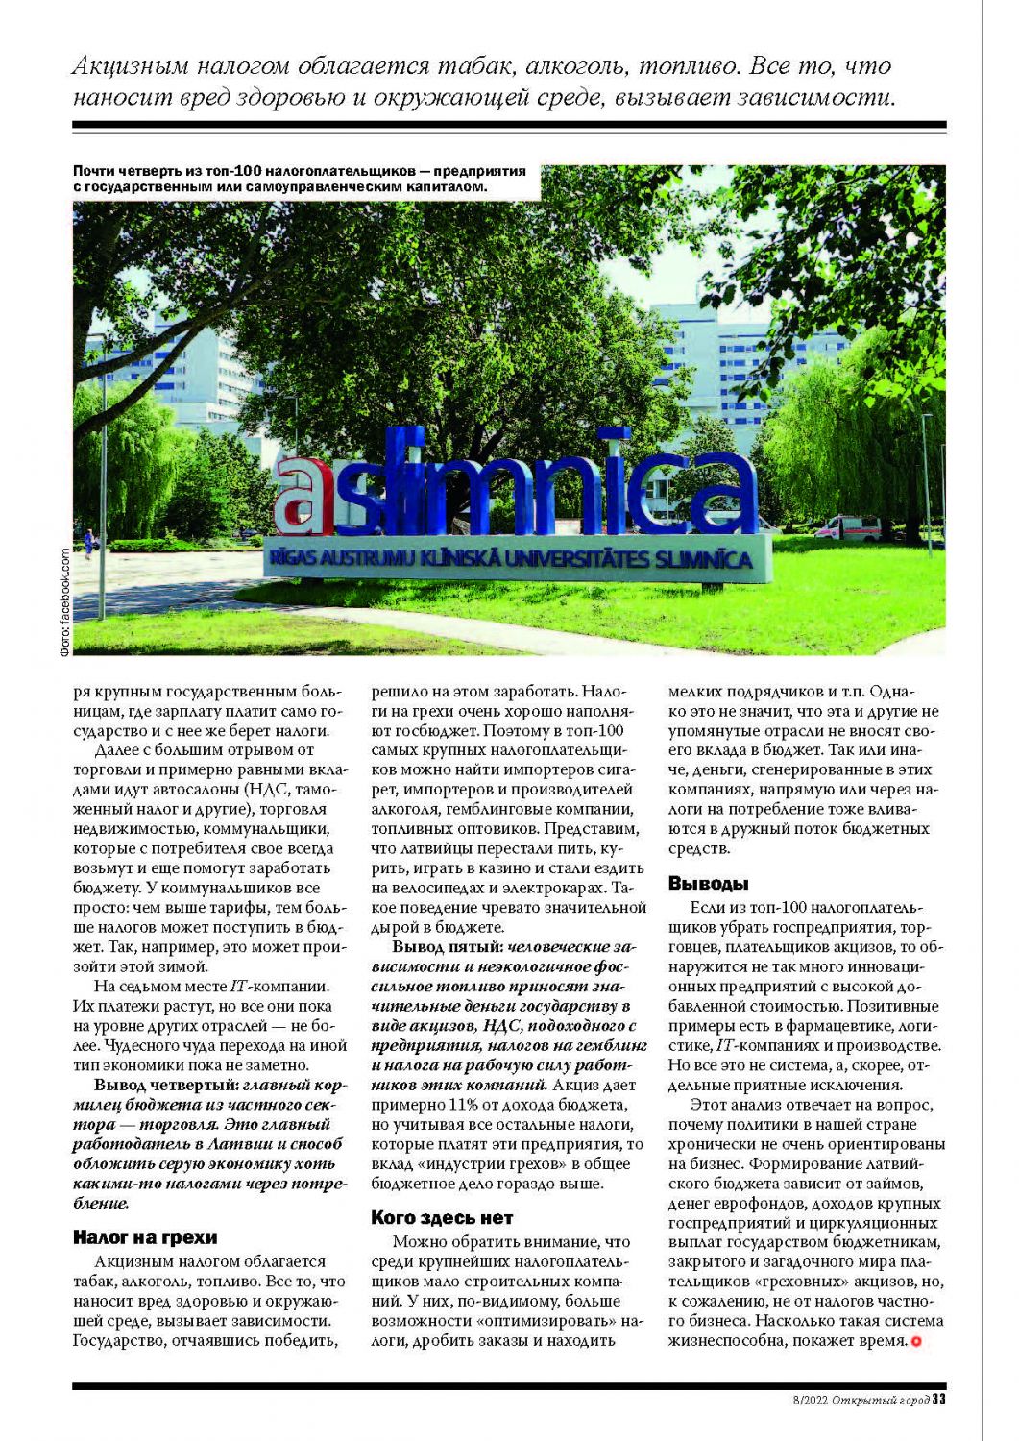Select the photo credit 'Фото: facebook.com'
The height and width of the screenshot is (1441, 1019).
pos(64,601)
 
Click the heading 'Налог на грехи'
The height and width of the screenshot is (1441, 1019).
pos(145,1237)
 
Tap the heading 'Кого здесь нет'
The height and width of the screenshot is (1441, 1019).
pos(442,1218)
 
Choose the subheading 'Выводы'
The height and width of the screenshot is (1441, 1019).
pos(708,884)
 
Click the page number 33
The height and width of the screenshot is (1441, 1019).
pos(939,1400)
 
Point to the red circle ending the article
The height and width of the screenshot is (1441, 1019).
pos(915,1341)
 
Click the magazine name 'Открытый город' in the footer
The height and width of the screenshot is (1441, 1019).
pos(880,1400)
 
